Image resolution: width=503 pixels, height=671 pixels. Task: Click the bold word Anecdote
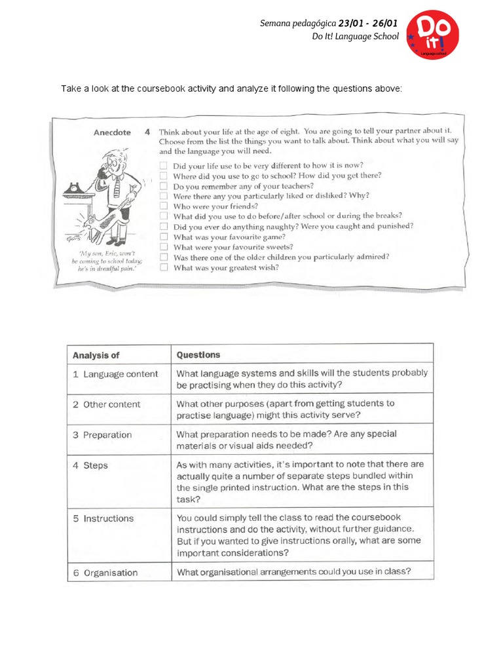pos(112,132)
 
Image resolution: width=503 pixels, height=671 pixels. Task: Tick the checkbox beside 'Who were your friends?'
pos(164,206)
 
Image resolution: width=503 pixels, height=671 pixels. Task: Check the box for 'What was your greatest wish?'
pos(164,267)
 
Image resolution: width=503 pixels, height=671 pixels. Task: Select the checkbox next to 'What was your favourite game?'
pos(164,237)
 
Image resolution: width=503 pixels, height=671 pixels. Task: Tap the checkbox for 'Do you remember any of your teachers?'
pos(164,186)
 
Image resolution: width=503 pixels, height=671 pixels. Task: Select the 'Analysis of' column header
pos(96,355)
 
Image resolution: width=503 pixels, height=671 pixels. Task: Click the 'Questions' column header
pos(198,355)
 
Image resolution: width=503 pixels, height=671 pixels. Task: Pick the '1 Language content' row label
pos(115,374)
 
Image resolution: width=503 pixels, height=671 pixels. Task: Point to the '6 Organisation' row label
pos(105,573)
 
